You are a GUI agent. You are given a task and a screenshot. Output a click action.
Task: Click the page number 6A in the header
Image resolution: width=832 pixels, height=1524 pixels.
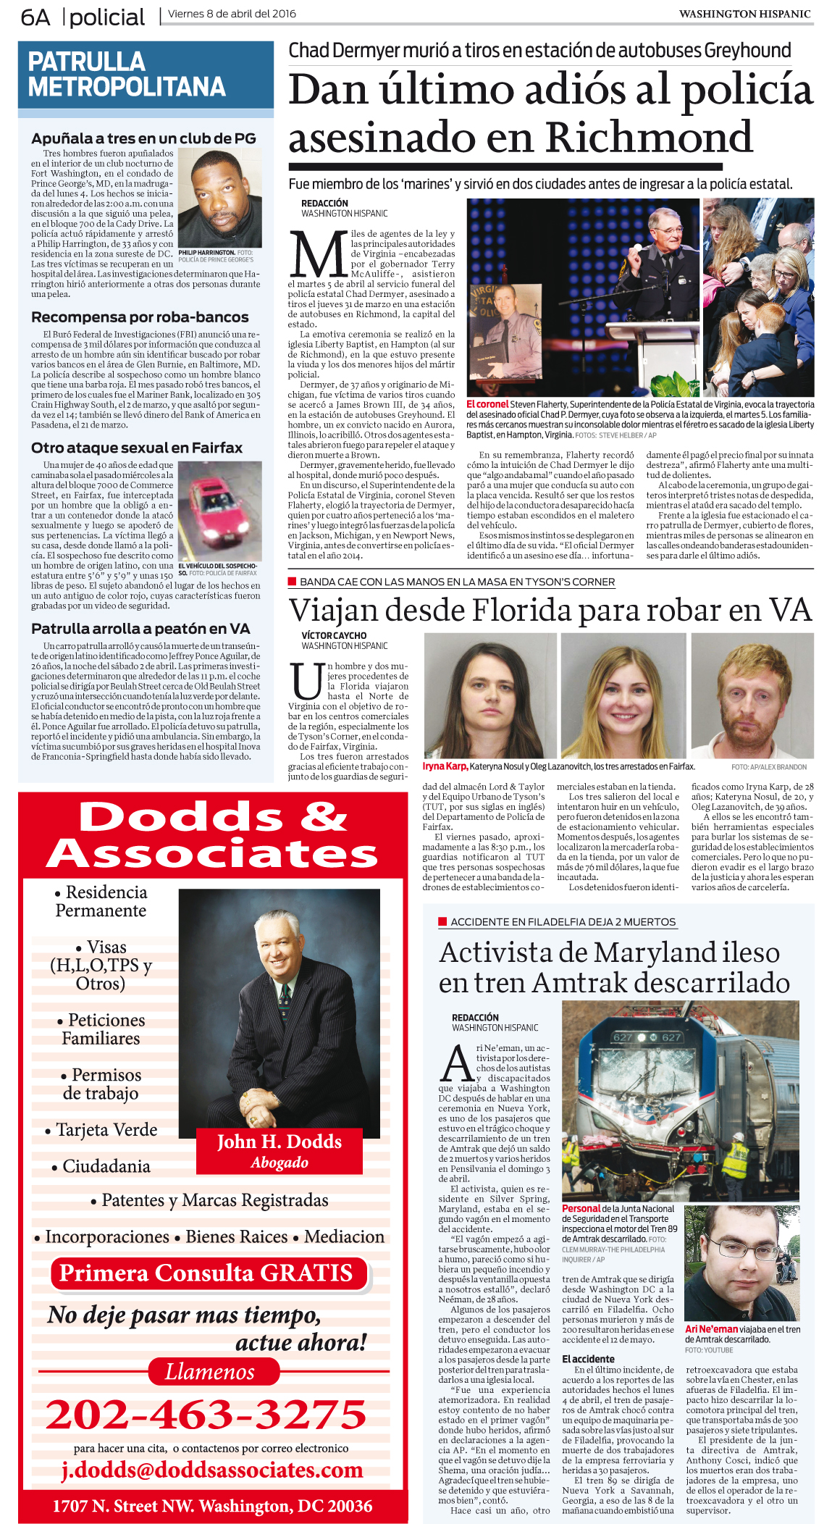point(35,17)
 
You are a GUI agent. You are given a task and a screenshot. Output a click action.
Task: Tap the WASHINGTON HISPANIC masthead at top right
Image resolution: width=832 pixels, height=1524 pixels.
point(744,14)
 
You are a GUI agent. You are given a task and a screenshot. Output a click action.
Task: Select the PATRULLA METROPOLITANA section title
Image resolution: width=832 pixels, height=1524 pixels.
point(127,74)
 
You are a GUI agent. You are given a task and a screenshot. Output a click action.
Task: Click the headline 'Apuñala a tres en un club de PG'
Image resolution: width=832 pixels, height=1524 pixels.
point(143,138)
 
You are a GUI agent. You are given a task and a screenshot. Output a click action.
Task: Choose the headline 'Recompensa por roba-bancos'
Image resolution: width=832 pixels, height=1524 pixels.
point(140,317)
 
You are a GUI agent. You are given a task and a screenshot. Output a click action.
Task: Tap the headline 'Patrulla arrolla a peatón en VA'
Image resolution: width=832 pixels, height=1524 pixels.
point(140,629)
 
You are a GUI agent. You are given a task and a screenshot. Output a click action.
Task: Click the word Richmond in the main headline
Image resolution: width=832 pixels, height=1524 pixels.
point(648,137)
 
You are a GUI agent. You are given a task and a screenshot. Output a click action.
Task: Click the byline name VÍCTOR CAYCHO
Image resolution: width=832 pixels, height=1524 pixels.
point(334,635)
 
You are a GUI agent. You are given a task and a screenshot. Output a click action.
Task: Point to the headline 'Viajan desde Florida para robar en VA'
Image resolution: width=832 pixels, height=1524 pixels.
point(550,610)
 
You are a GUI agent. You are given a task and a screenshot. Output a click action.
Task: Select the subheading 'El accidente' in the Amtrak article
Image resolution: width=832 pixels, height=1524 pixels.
point(588,1359)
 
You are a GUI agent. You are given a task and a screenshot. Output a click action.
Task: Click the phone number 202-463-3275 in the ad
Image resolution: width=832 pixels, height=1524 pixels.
point(206,1414)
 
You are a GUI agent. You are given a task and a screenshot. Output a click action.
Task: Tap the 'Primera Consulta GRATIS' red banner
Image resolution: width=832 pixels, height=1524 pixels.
point(206,1273)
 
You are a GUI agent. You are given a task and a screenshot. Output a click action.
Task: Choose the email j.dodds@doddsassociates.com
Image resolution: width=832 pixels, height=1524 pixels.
point(211,1470)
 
